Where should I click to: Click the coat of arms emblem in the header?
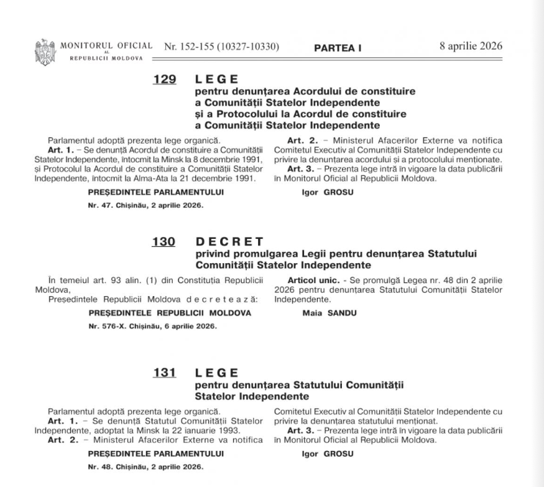tap(45, 50)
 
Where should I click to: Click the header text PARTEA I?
tap(338, 48)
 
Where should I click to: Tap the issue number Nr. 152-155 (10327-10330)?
tap(221, 47)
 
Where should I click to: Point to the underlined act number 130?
tap(164, 241)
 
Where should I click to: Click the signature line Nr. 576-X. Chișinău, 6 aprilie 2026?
tap(152, 326)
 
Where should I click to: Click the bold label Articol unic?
tap(309, 282)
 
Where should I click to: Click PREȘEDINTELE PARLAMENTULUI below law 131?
tap(156, 453)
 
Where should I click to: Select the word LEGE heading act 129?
tap(216, 80)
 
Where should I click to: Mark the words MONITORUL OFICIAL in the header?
tap(106, 45)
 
